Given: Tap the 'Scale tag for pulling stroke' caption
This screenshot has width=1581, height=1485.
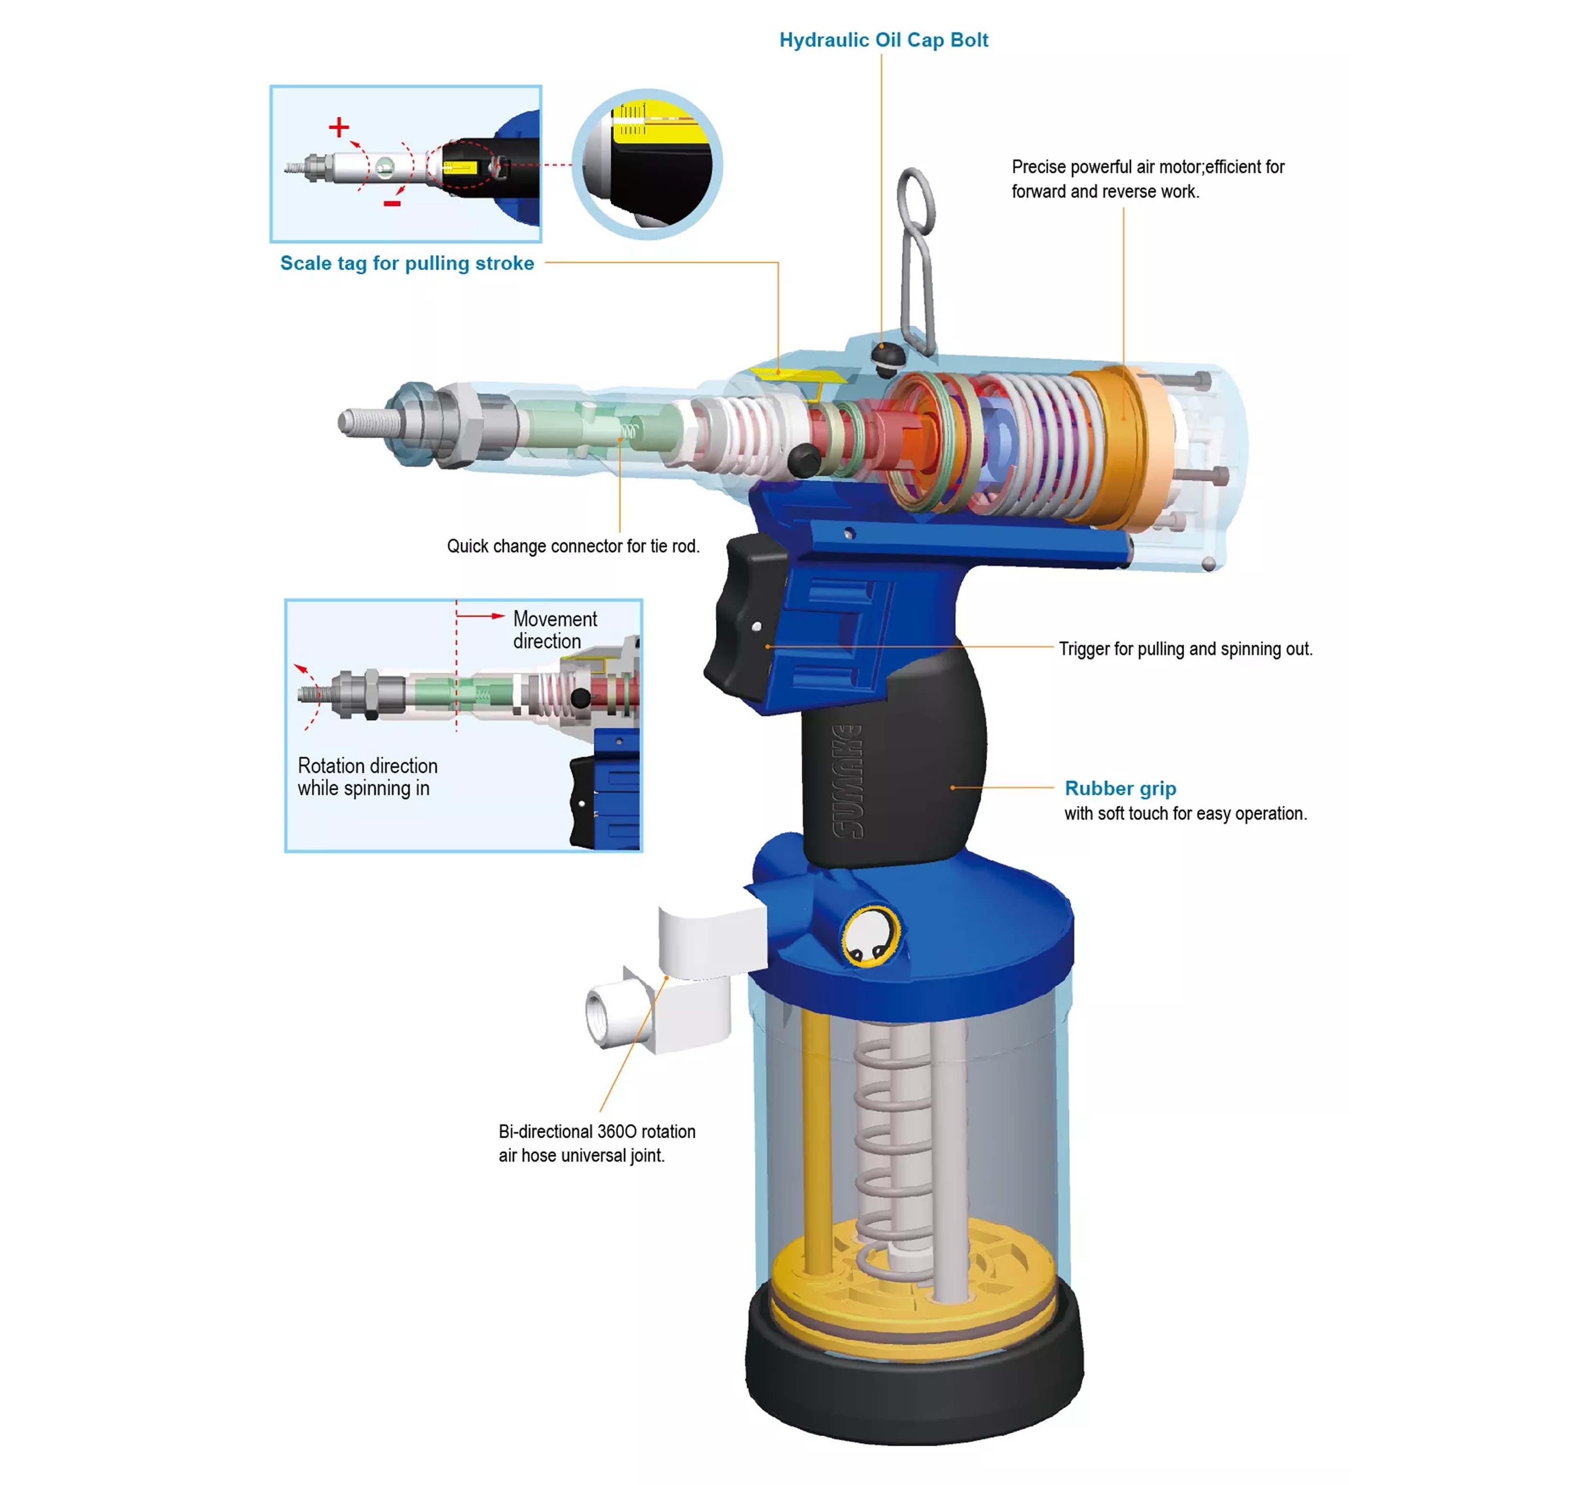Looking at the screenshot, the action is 407,263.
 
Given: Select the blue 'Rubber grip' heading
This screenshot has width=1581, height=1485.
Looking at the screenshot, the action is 1120,788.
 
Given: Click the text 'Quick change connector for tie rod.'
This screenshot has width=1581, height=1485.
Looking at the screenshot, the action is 573,546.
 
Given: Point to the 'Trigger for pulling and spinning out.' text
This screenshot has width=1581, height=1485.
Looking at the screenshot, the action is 1185,649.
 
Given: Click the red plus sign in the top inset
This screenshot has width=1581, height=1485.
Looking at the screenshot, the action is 339,127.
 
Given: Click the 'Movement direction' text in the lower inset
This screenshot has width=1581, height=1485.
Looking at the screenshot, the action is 554,630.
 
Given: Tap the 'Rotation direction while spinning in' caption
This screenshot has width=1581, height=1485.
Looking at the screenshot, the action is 367,777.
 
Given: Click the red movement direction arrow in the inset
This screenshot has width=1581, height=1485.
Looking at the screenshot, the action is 480,616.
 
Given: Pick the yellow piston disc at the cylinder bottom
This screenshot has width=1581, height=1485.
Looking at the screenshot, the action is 915,1281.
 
